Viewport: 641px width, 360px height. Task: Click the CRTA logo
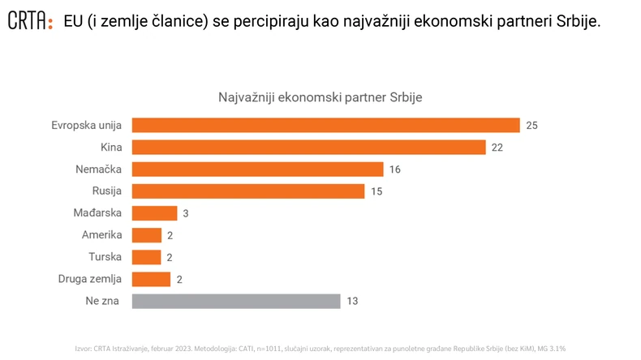point(30,21)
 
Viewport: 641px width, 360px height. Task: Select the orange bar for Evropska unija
point(325,125)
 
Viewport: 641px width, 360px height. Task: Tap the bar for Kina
point(308,147)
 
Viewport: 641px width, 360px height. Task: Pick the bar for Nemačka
point(256,169)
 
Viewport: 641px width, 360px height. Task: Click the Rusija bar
point(247,191)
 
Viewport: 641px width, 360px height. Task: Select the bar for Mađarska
point(153,213)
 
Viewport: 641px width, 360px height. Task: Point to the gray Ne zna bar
point(235,301)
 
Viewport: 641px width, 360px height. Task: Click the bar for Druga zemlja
point(150,279)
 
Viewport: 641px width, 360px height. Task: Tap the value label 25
point(532,125)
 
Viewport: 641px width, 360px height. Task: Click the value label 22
point(498,147)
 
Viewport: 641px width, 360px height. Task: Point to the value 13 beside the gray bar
point(352,301)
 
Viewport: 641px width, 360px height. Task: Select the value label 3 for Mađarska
point(186,213)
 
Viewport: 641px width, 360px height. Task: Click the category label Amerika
point(101,235)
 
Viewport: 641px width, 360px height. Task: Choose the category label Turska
point(105,257)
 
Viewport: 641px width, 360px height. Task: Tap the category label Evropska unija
point(86,125)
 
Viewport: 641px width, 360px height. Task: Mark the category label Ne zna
point(105,301)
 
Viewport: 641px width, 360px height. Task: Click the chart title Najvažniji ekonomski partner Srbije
point(320,96)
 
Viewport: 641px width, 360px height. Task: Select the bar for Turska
point(146,257)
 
